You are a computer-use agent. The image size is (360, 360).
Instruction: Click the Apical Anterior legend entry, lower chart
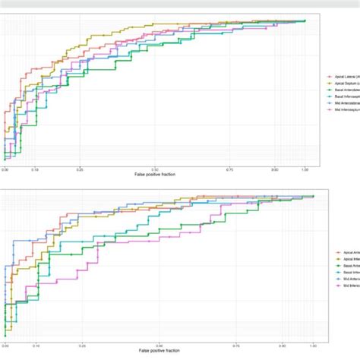346,252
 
